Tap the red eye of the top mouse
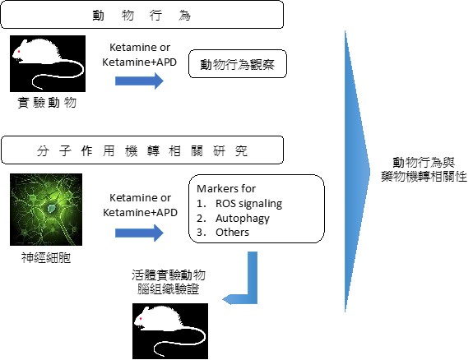pyautogui.click(x=19, y=52)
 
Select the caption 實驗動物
pyautogui.click(x=47, y=103)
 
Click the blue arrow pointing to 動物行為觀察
pyautogui.click(x=139, y=81)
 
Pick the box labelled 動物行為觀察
pyautogui.click(x=238, y=64)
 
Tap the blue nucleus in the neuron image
pyautogui.click(x=52, y=208)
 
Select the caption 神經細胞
pyautogui.click(x=46, y=258)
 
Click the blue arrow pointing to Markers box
pyautogui.click(x=139, y=233)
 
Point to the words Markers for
pyautogui.click(x=226, y=189)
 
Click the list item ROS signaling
pyautogui.click(x=249, y=204)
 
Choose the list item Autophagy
pyautogui.click(x=243, y=219)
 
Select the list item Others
pyautogui.click(x=232, y=232)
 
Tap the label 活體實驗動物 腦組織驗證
pyautogui.click(x=169, y=282)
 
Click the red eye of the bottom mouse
pyautogui.click(x=141, y=318)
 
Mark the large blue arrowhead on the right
pyautogui.click(x=358, y=171)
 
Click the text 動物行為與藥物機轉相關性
pyautogui.click(x=424, y=169)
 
